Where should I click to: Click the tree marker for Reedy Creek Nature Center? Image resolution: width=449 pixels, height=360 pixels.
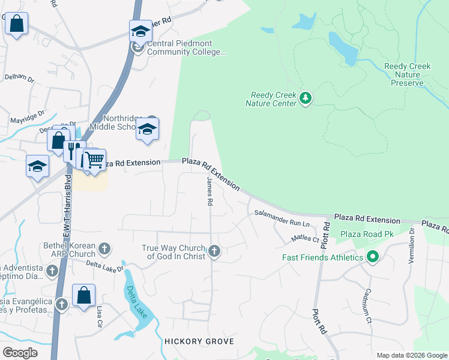[306, 98]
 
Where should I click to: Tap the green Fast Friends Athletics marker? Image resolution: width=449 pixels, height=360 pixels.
[373, 257]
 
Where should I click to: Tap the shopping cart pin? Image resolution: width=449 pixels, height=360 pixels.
[94, 160]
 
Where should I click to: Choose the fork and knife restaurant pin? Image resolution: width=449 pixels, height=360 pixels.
[71, 150]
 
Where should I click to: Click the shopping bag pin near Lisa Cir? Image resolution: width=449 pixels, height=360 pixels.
[83, 295]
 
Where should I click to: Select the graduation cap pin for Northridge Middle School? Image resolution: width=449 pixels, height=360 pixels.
[147, 129]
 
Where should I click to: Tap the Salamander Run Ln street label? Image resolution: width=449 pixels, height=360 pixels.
[281, 218]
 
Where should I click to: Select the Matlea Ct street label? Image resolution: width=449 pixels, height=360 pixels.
[304, 239]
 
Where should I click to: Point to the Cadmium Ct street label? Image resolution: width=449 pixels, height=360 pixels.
[367, 305]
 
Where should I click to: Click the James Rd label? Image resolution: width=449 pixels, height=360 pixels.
[209, 192]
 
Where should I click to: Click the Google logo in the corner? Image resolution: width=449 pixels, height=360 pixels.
[20, 353]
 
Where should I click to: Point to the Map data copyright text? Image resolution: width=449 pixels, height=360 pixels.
[411, 355]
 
